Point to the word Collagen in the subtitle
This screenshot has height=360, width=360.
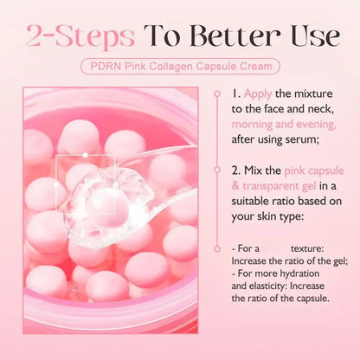pos(183,66)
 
